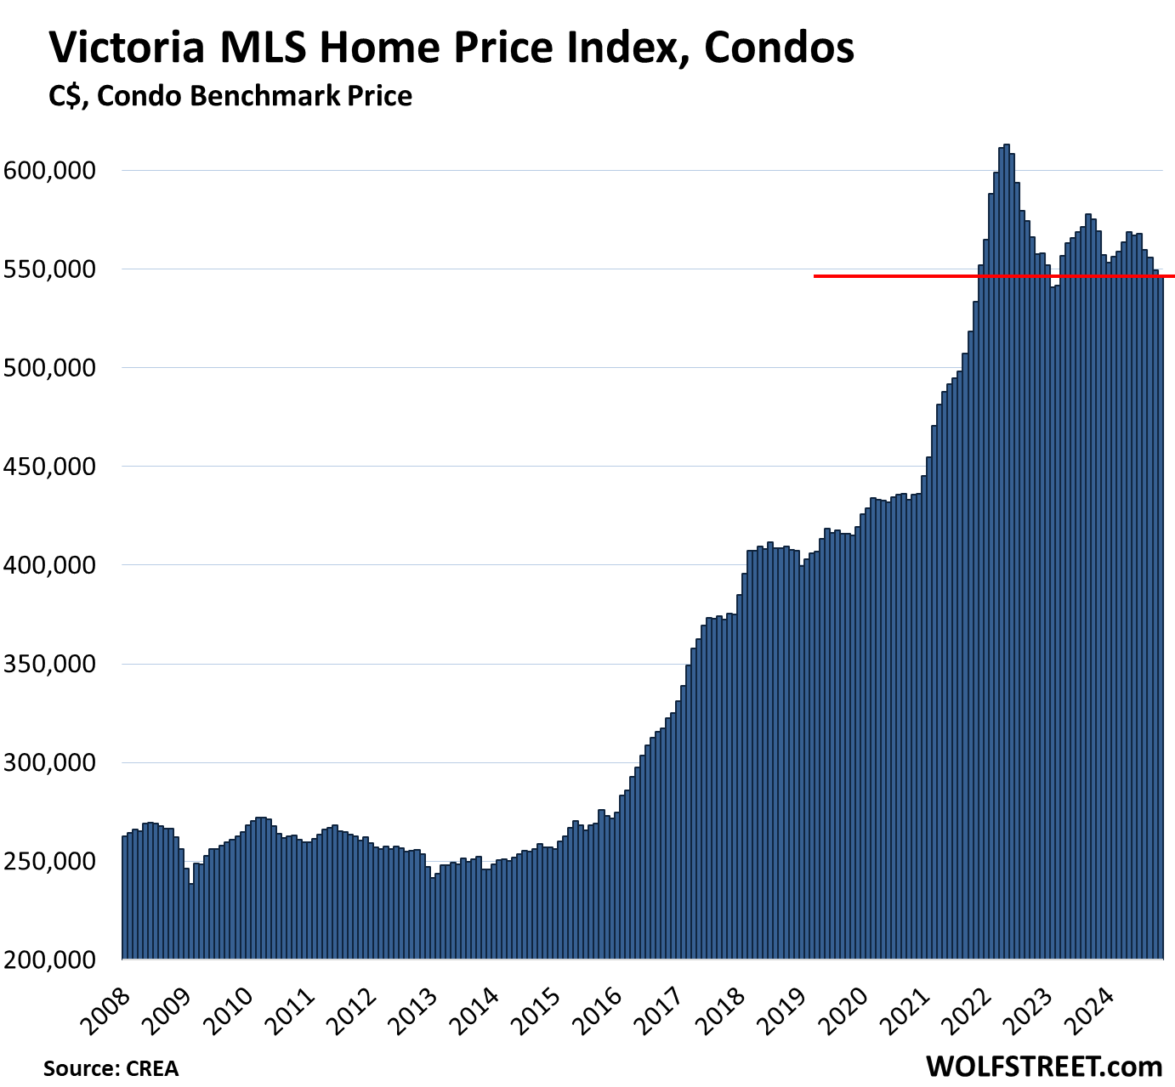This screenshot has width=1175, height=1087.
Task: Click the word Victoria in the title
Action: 127,48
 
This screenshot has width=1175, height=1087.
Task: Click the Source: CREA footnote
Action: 111,1068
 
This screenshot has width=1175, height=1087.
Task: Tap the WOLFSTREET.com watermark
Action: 1043,1066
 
